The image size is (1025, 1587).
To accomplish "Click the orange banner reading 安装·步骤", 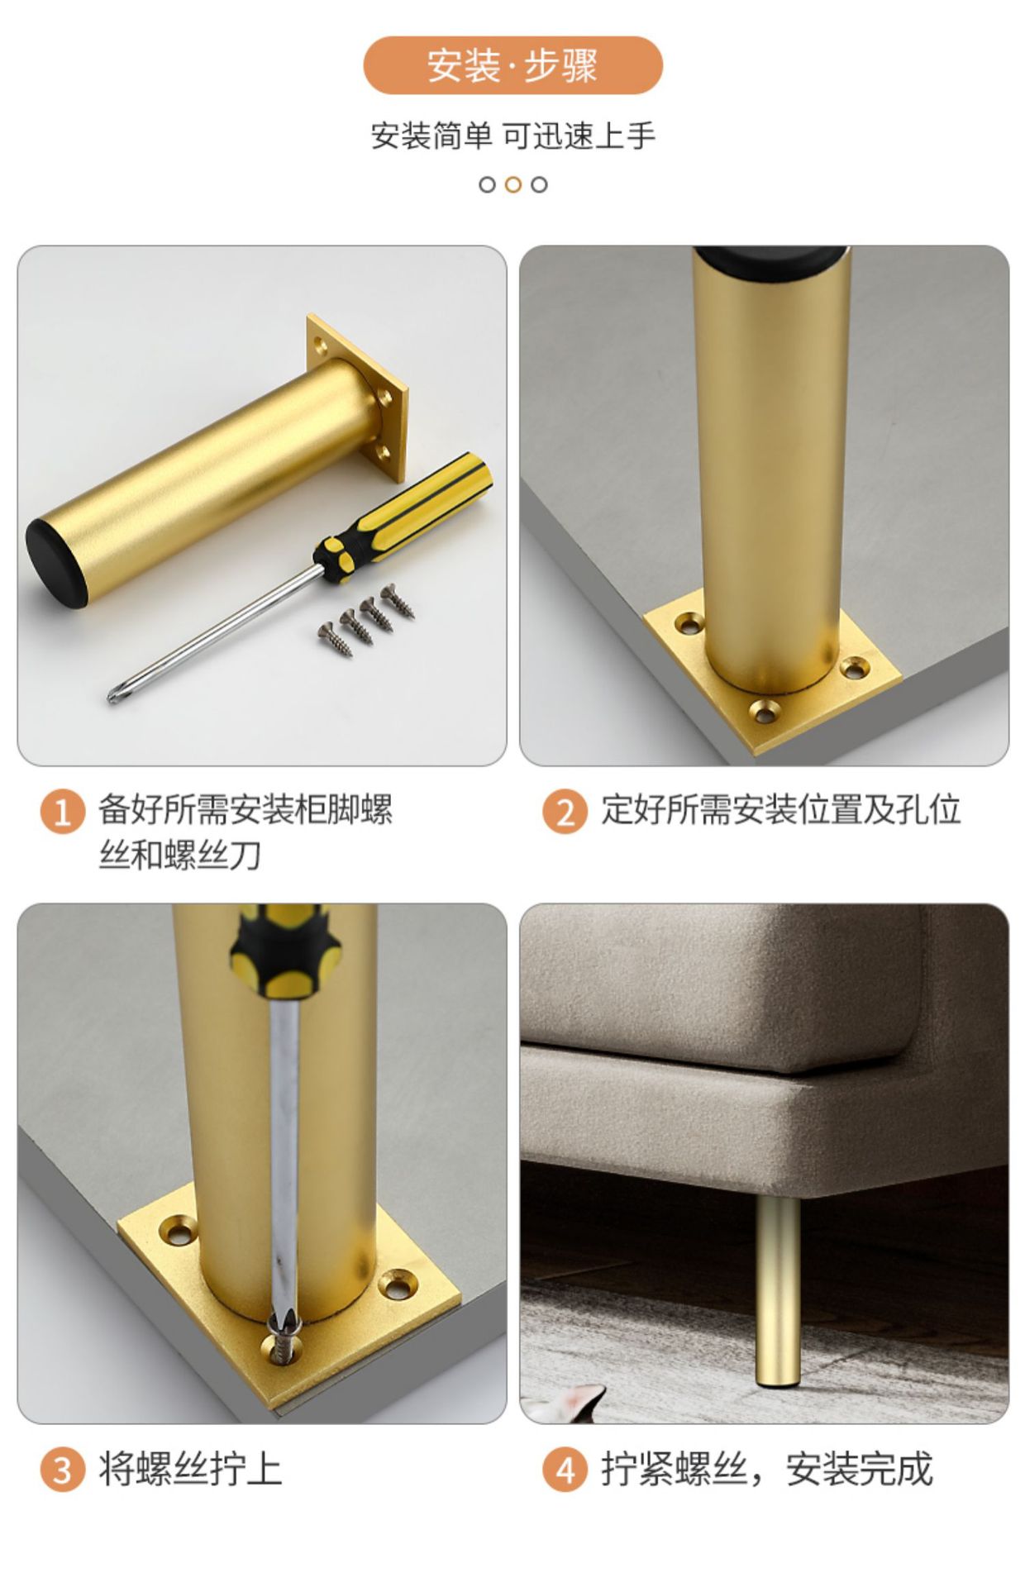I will click(x=512, y=65).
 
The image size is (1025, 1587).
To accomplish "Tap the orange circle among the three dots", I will click(x=512, y=184).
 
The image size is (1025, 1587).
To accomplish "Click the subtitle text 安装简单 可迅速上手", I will click(x=512, y=136).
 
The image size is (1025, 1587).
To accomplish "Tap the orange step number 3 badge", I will click(x=63, y=1470).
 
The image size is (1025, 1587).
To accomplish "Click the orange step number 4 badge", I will click(x=565, y=1470).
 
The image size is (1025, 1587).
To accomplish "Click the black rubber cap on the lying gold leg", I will click(x=55, y=564).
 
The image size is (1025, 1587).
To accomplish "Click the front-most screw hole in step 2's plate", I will click(x=765, y=709).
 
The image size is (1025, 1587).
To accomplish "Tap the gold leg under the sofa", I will click(x=778, y=1289).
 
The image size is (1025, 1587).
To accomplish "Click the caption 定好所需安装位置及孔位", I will click(x=780, y=809).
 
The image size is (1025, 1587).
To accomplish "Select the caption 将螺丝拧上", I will click(x=190, y=1470).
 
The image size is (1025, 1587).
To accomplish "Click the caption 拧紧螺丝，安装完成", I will click(x=766, y=1470).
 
